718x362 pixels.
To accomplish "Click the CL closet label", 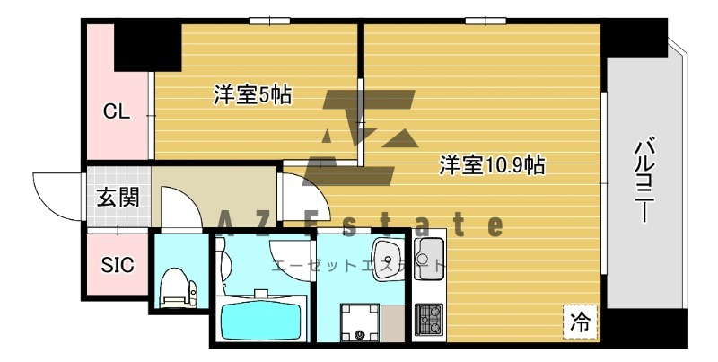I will [x=117, y=112].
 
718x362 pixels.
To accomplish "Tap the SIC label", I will [x=117, y=266].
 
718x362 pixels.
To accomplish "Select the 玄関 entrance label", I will [x=118, y=197].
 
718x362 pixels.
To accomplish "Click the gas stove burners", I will [x=427, y=318].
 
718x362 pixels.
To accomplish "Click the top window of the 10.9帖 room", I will [x=481, y=20].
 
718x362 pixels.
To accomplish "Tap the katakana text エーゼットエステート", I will [x=358, y=265].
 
